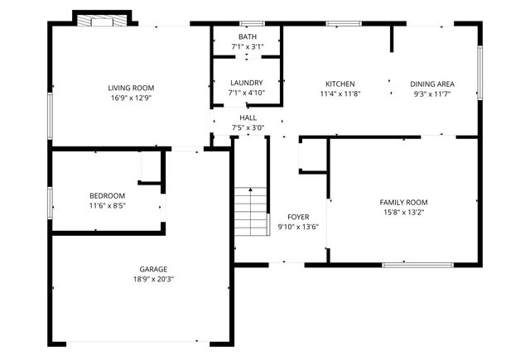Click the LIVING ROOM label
(x=132, y=88)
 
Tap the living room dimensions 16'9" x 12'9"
(x=132, y=98)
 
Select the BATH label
(x=248, y=37)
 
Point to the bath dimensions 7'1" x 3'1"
(x=248, y=47)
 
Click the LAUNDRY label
(x=247, y=83)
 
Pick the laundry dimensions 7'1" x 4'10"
(x=247, y=93)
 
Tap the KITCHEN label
(x=340, y=84)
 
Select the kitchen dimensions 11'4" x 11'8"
(x=340, y=94)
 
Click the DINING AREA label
(x=432, y=84)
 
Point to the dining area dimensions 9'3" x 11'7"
(x=432, y=94)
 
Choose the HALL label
(x=248, y=118)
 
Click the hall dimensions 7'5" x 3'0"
(x=248, y=128)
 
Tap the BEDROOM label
(x=108, y=195)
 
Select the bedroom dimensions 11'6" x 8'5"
(x=108, y=205)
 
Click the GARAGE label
(x=153, y=269)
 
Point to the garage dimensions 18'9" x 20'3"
(x=153, y=279)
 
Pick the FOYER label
(x=298, y=217)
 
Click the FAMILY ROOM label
(x=403, y=202)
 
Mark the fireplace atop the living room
(x=102, y=20)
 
